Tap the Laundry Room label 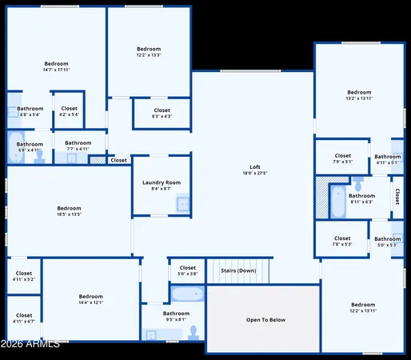coord(162,182)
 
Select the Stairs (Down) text coord(238,270)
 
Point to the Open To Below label coord(265,320)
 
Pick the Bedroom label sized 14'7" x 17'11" coord(56,63)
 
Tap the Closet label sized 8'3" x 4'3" coord(162,110)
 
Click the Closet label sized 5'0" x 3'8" coord(187,268)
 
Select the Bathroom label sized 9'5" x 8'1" coord(176,314)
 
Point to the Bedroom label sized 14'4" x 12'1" coord(90,296)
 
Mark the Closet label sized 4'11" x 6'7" coord(24,315)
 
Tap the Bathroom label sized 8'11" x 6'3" coord(361,195)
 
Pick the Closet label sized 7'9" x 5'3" coord(342,238)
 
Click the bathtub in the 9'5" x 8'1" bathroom coord(186,294)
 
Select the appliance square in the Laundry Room coord(183,204)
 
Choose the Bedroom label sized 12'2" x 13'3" coord(149,49)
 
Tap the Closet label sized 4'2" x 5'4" coord(69,108)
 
